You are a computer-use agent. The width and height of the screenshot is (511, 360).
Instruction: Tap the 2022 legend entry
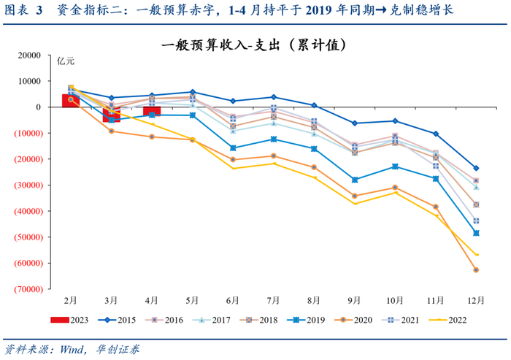coord(445,318)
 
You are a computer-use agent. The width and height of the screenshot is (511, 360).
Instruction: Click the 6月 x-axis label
coord(233,300)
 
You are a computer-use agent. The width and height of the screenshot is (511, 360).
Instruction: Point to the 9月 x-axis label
coord(355,300)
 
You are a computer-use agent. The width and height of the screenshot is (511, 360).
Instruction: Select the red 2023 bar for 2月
coord(71,100)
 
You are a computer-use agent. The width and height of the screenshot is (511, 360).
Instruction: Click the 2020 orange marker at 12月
coord(476,270)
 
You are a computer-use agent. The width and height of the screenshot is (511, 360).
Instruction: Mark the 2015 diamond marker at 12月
coord(476,168)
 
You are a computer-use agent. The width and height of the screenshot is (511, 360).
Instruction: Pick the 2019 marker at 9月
coord(355,180)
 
